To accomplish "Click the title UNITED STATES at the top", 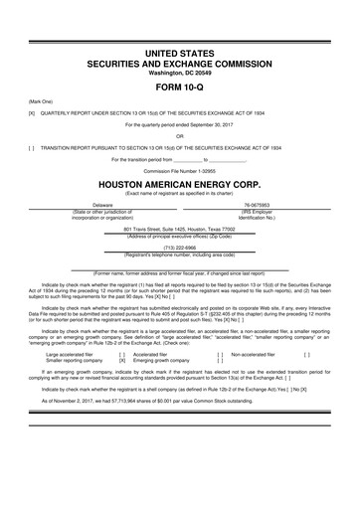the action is click(x=180, y=50).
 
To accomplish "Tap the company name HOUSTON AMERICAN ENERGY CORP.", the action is click(x=180, y=184).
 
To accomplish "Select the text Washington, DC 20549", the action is click(x=180, y=71).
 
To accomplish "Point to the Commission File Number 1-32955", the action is click(x=180, y=170).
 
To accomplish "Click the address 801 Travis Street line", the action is click(x=180, y=229).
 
